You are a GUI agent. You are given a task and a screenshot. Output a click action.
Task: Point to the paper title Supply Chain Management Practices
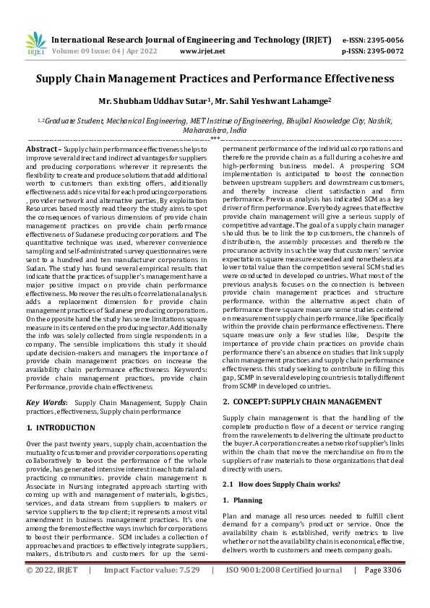(215, 78)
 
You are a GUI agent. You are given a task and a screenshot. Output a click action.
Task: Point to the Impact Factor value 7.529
(152, 591)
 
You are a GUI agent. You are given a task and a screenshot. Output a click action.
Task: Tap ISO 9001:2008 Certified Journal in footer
(284, 591)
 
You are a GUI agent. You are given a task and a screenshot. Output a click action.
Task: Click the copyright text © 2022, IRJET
(51, 591)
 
